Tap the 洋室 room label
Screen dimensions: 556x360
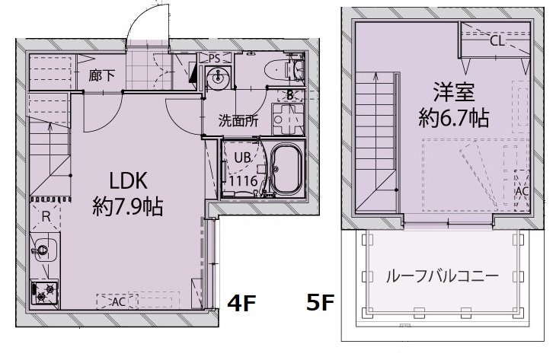coord(454,92)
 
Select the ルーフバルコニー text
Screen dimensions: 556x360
coord(443,276)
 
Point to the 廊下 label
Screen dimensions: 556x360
coord(102,75)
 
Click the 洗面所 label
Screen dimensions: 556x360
coord(238,121)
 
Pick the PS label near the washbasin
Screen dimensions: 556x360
coord(215,58)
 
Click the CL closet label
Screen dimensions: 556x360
coord(497,41)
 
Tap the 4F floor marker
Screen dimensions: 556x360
coord(241,303)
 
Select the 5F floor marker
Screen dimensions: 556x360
coord(320,303)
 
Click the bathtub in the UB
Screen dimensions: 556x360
coord(286,170)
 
